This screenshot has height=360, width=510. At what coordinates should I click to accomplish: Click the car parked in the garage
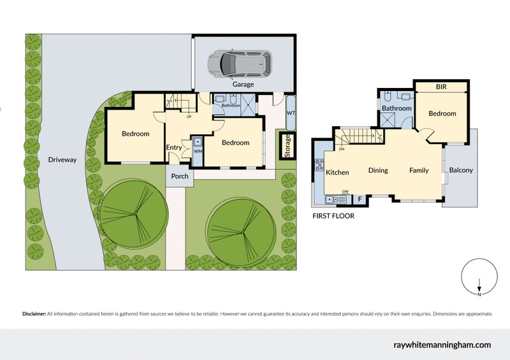(240, 62)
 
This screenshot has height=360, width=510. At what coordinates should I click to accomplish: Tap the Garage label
(243, 84)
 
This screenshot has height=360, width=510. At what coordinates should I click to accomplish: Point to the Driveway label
(62, 160)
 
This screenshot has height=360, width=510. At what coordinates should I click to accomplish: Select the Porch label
(180, 176)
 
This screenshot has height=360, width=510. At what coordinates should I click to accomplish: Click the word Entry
(174, 148)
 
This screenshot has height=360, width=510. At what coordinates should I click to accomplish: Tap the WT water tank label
(291, 113)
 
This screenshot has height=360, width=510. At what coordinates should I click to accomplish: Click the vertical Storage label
(288, 146)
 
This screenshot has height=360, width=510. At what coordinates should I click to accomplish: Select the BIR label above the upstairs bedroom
(441, 86)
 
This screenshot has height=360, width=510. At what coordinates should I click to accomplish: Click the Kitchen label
(337, 173)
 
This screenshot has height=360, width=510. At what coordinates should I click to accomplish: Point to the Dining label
(378, 170)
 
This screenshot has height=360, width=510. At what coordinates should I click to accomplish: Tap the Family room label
(419, 170)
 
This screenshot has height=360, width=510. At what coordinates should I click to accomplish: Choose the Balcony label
(461, 170)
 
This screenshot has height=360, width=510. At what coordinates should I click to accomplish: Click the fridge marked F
(360, 199)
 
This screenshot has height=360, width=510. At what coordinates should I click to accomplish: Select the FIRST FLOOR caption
(333, 216)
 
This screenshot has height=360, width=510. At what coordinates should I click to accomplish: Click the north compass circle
(478, 278)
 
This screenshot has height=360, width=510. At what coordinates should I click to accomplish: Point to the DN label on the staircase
(342, 150)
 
